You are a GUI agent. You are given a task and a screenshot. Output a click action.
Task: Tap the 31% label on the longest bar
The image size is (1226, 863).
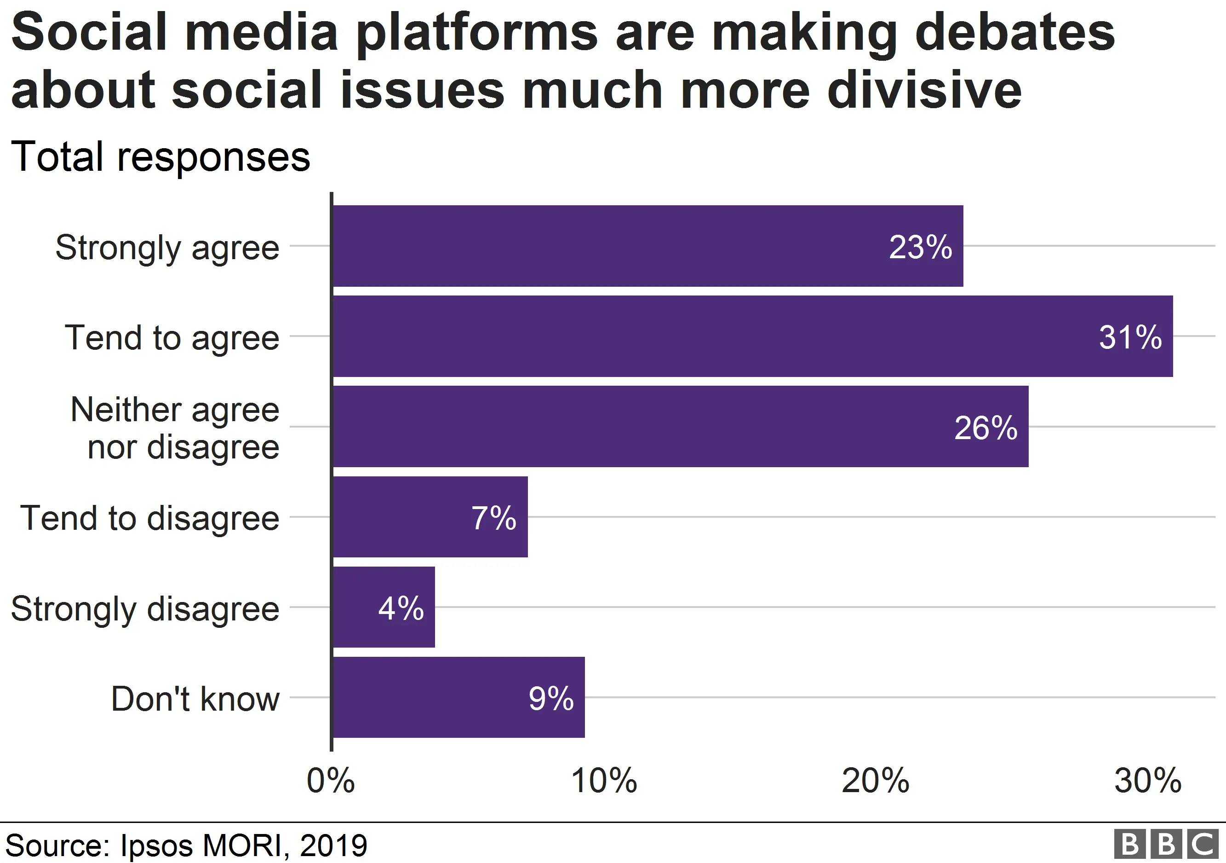tap(1130, 337)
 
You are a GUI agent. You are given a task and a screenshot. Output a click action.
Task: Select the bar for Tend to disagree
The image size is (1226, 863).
tap(430, 517)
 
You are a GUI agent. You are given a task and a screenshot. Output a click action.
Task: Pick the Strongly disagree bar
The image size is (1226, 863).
tap(384, 607)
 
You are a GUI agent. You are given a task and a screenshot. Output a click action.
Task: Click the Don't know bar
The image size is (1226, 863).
tap(458, 697)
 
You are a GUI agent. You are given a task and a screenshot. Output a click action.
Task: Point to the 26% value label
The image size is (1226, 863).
tap(985, 428)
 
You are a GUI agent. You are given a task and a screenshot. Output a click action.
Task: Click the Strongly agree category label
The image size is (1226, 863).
tap(167, 248)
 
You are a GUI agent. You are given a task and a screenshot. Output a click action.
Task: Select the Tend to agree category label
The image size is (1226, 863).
tap(172, 338)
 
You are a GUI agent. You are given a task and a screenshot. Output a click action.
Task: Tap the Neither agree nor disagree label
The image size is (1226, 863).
tap(175, 428)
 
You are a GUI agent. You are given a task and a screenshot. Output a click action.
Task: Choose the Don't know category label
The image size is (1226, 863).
tap(195, 699)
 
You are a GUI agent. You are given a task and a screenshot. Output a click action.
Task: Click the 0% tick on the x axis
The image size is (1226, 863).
tap(331, 781)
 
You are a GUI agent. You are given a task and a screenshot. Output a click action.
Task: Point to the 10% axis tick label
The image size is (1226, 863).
tap(603, 781)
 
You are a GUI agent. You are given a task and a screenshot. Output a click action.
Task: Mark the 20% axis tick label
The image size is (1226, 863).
tap(875, 781)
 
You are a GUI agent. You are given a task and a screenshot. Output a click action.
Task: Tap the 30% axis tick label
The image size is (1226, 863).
tap(1147, 781)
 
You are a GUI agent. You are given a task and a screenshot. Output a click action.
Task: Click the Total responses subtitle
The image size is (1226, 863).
tap(160, 156)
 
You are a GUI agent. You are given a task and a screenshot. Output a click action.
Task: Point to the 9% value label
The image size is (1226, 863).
tap(550, 698)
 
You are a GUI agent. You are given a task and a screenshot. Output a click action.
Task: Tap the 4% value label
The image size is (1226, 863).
tap(401, 608)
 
